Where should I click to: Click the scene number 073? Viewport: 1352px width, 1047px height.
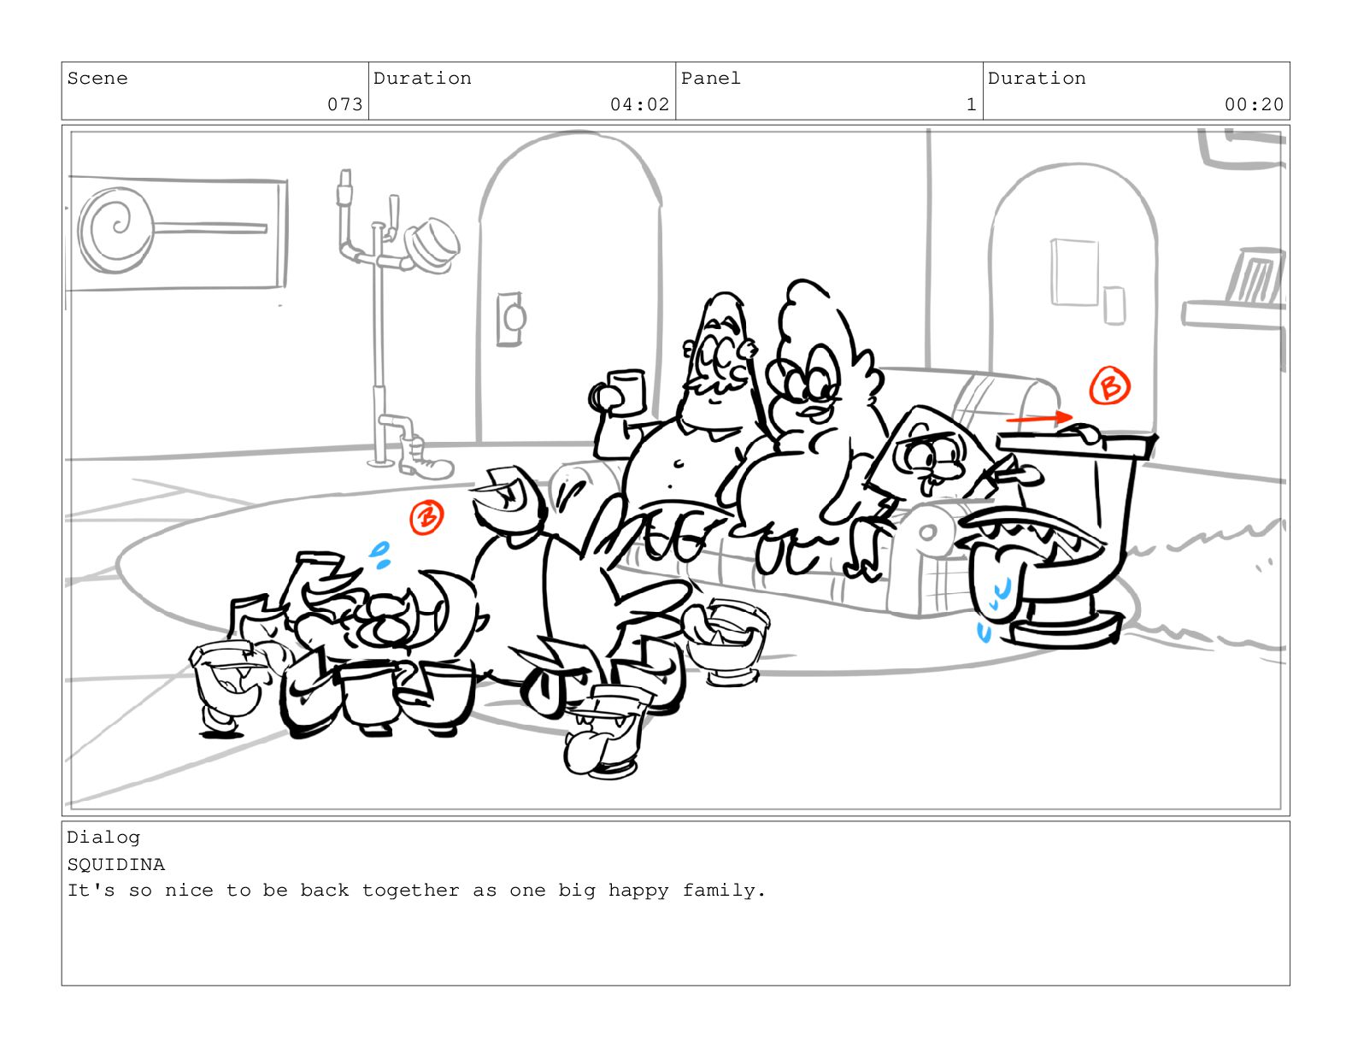tap(344, 104)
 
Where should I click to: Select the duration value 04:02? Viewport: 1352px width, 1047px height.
tap(639, 104)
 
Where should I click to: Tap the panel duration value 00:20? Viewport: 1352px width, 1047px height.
tap(1254, 104)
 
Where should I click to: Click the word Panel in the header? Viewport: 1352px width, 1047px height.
tap(710, 79)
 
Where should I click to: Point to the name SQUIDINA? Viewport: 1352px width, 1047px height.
tap(116, 865)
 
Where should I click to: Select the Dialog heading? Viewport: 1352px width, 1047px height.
tap(104, 838)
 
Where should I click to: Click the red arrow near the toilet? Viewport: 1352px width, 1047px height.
tap(1039, 418)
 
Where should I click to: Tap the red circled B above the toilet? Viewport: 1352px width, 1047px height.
tap(1109, 385)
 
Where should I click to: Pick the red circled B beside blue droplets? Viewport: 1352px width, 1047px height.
tap(426, 517)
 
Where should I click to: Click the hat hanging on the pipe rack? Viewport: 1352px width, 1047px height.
tap(432, 246)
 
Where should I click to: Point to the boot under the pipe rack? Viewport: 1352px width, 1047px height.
tap(425, 459)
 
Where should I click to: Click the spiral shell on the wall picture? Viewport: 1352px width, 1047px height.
tap(115, 230)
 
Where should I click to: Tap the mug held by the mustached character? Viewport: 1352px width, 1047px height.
tap(626, 392)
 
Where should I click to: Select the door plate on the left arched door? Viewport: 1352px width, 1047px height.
tap(510, 319)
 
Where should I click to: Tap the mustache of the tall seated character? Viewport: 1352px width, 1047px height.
tap(715, 385)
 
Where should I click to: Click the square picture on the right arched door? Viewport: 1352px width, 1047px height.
tap(1074, 272)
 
